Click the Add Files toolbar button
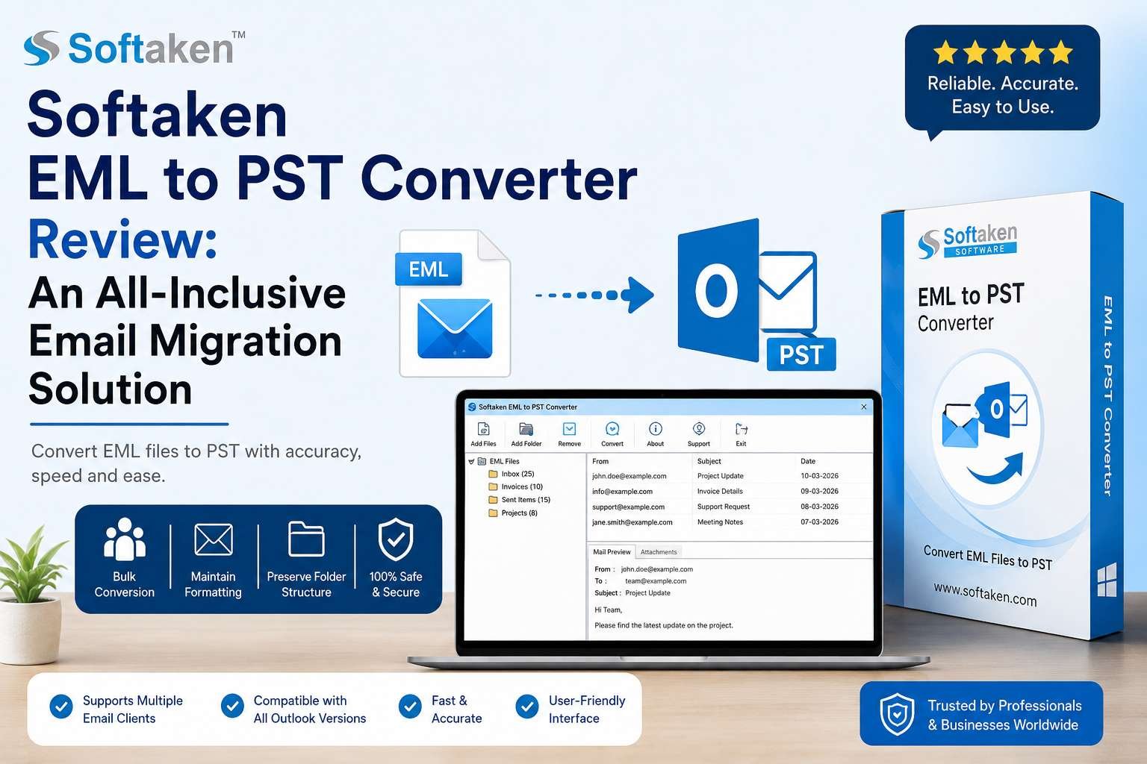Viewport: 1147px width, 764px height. coord(483,434)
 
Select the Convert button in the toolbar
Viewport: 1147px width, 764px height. coord(612,434)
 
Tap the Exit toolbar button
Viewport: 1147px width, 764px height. coord(741,434)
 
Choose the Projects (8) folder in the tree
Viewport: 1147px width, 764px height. coord(513,513)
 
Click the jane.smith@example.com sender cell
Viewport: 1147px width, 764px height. coord(632,522)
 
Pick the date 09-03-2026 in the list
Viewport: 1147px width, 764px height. coord(819,491)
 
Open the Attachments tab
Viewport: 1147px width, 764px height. coord(659,552)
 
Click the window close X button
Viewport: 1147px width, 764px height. coord(864,407)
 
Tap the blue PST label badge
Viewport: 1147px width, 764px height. coord(801,354)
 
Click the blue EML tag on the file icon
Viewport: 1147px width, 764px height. coord(429,269)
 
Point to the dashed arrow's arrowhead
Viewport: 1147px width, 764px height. coord(639,295)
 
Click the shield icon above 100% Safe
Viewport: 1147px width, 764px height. coord(395,539)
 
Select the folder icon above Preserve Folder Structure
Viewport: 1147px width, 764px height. coord(306,539)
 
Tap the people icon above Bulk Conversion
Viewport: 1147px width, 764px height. coord(125,539)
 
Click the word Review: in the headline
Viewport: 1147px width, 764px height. coord(123,240)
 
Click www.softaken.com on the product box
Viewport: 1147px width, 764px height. coord(985,595)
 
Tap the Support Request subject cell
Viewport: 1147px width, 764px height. coord(723,507)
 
